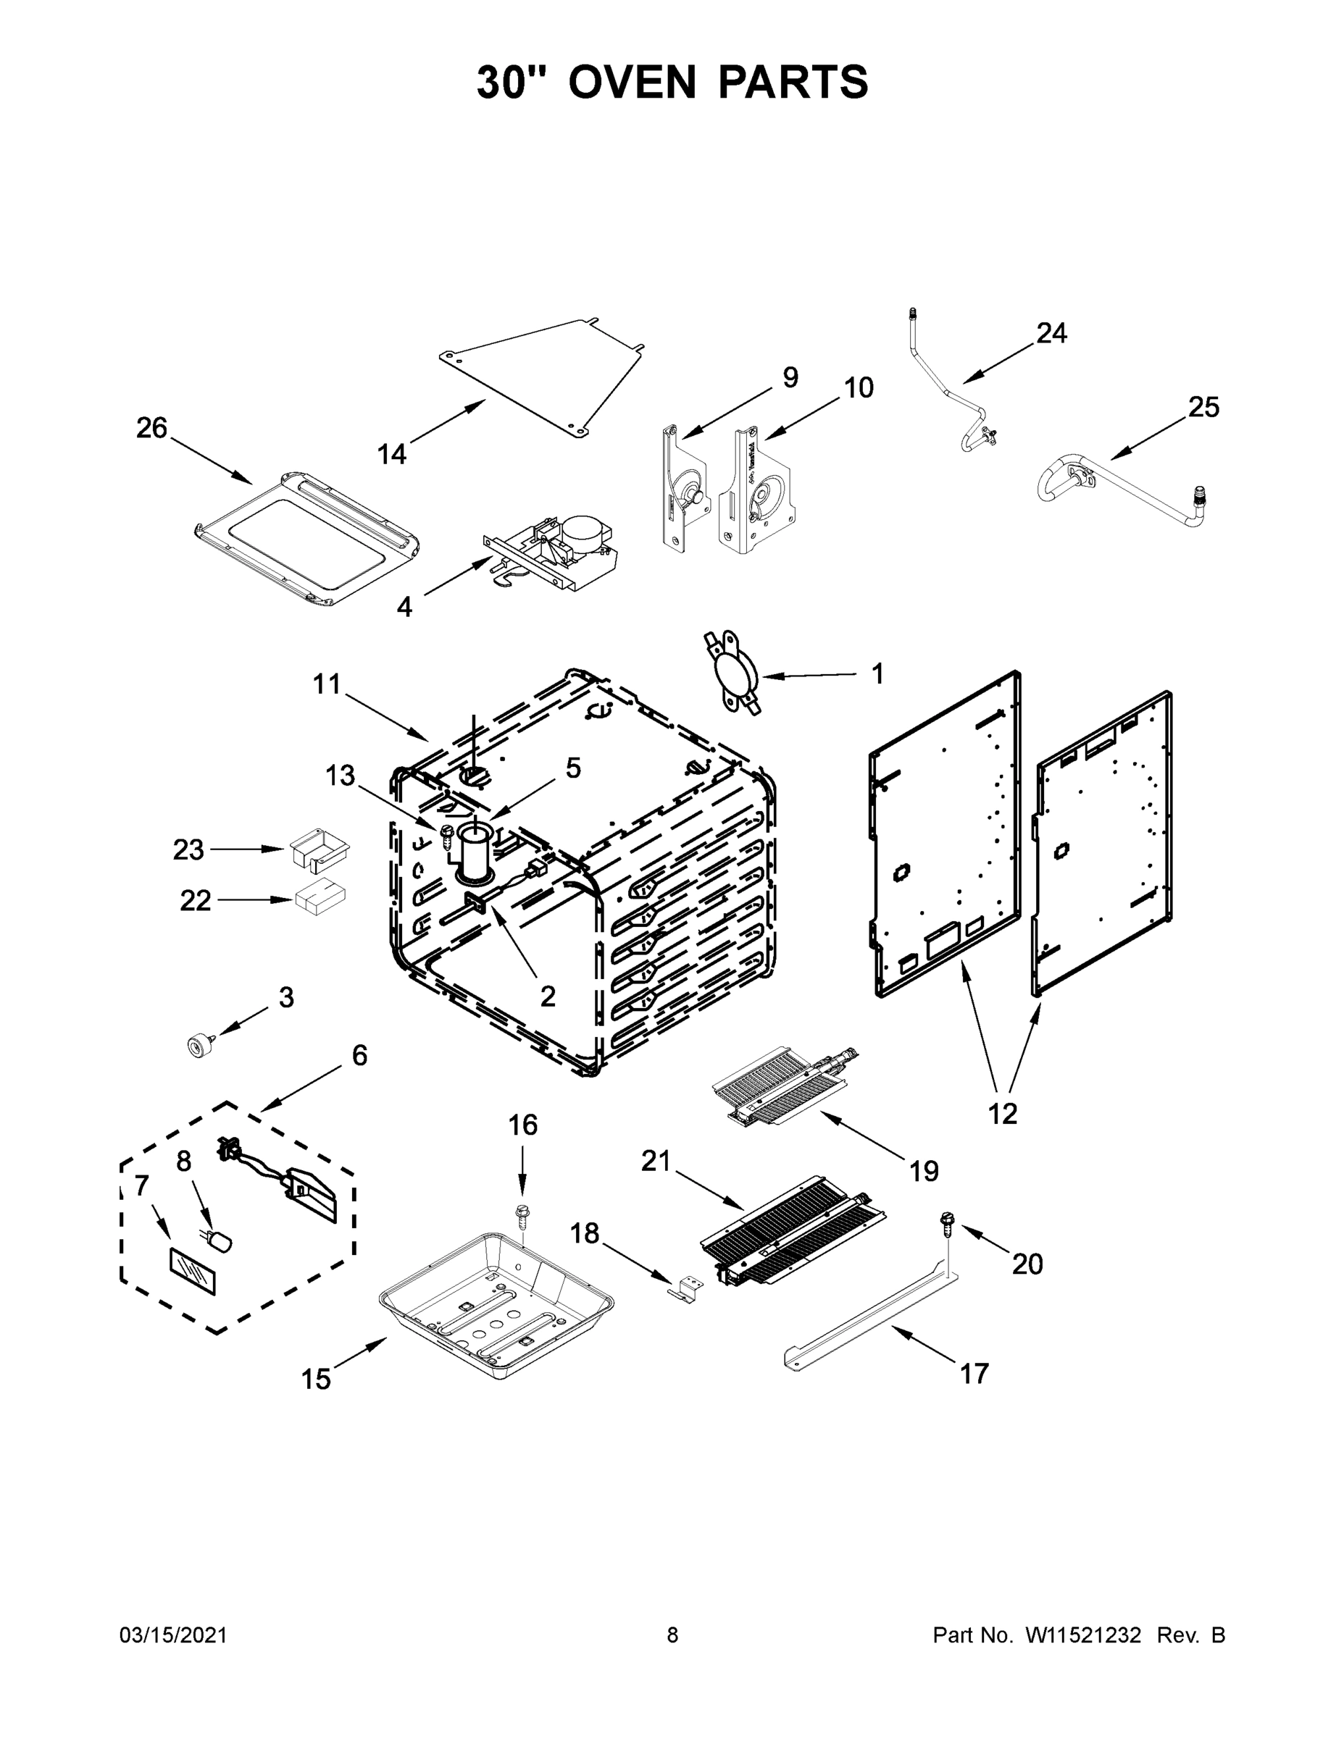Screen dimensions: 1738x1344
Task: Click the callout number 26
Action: pyautogui.click(x=151, y=428)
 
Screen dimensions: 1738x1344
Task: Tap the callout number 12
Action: pyautogui.click(x=1003, y=1114)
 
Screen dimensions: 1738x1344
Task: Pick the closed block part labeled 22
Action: pyautogui.click(x=320, y=899)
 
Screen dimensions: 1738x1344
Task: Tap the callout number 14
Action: pyautogui.click(x=392, y=454)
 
